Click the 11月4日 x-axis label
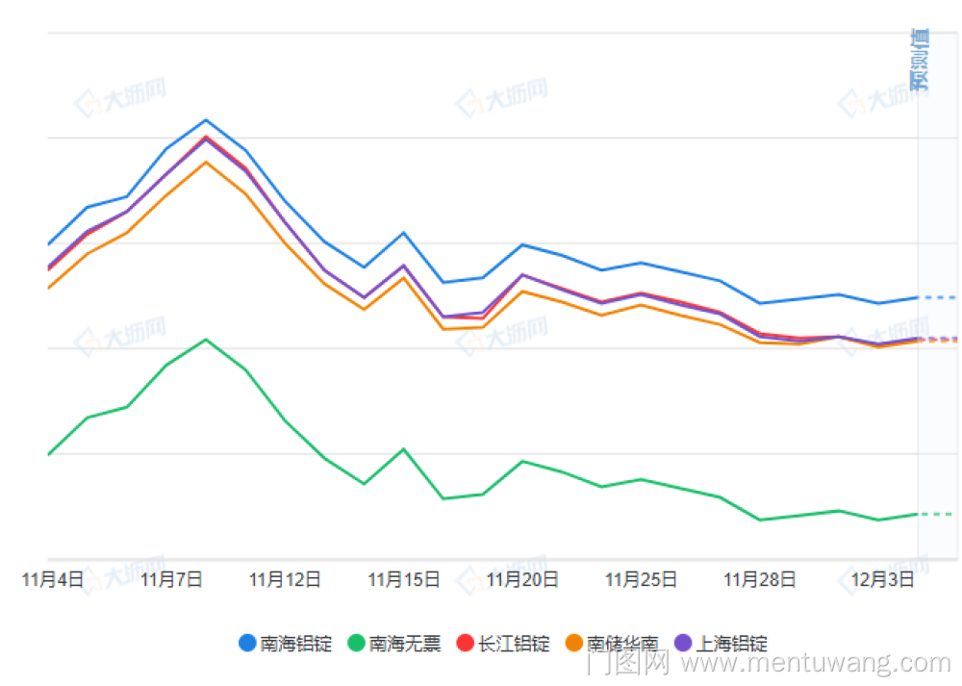(x=52, y=580)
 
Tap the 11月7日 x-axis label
(x=171, y=580)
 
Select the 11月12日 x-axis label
(x=285, y=580)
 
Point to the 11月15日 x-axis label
(x=404, y=580)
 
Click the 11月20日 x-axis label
(x=522, y=580)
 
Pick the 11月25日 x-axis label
(x=641, y=580)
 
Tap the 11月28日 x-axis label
(x=759, y=580)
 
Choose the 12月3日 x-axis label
(x=882, y=580)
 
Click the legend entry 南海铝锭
(x=286, y=644)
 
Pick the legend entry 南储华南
(x=613, y=644)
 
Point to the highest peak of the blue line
(x=206, y=120)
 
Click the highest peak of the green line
(x=206, y=340)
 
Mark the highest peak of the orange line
(x=206, y=162)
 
